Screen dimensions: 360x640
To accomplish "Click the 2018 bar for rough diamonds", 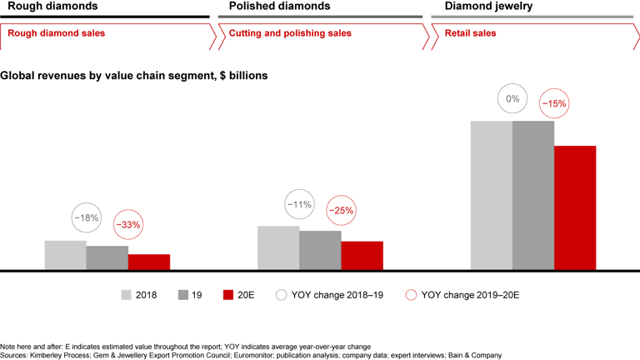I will [66, 255].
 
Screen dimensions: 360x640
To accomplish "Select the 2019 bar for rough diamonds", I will [107, 257].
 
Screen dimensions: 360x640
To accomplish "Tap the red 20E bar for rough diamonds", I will [149, 262].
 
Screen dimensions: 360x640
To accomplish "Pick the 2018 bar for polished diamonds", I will [278, 247].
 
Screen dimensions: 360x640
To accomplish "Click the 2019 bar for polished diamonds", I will [320, 250].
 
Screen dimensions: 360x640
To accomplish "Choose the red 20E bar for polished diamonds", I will [362, 255].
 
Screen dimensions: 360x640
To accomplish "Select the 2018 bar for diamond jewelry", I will [492, 195].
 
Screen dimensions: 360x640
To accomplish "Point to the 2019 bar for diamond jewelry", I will [533, 195].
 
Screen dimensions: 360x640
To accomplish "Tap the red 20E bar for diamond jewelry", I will [575, 207].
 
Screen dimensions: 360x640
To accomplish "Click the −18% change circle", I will [86, 218].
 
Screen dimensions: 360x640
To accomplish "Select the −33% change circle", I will [127, 224].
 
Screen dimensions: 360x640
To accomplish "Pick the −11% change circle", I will [298, 204].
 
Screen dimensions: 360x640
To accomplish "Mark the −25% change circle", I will [340, 211].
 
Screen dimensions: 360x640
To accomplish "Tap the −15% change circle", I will [554, 104].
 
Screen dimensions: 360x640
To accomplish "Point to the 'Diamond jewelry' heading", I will [472, 7].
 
